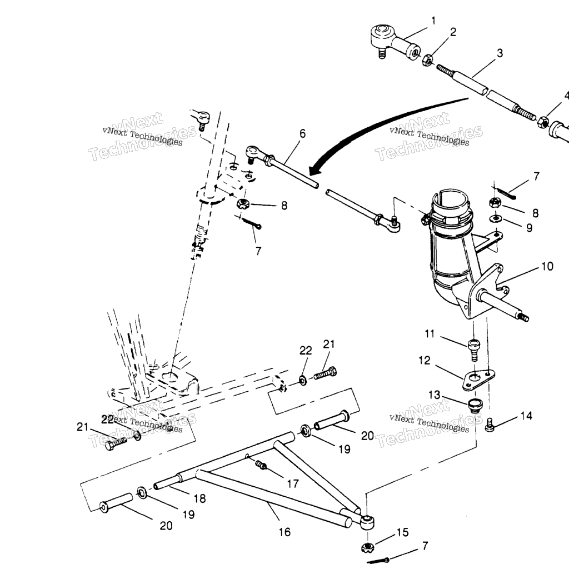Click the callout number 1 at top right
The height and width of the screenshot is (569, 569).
433,21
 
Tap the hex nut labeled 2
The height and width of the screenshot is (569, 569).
427,60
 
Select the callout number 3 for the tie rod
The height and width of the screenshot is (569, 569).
500,53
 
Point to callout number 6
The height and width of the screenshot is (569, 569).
302,133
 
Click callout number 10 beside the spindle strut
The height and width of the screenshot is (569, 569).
547,266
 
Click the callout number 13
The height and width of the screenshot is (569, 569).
435,395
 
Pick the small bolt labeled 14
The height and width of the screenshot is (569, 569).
490,425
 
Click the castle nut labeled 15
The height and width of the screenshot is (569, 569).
368,547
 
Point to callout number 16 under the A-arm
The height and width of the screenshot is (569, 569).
285,532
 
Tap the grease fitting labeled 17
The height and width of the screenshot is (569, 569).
261,464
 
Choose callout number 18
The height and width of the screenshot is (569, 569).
199,498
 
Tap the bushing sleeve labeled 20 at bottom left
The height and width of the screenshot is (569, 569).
116,502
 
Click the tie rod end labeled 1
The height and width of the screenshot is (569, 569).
396,42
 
